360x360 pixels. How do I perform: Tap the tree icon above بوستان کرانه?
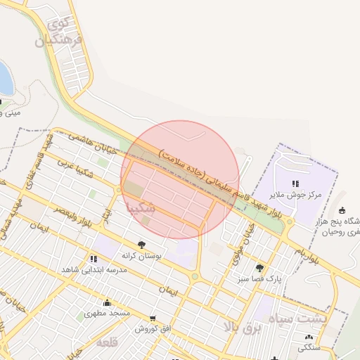(x=142, y=245)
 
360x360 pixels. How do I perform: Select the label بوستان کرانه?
(x=142, y=256)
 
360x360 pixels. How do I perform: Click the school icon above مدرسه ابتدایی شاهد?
(x=94, y=259)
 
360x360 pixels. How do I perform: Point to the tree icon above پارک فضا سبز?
(x=260, y=268)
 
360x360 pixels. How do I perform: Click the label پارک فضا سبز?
(x=259, y=278)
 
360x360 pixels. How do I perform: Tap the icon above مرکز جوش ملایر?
(x=294, y=183)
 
